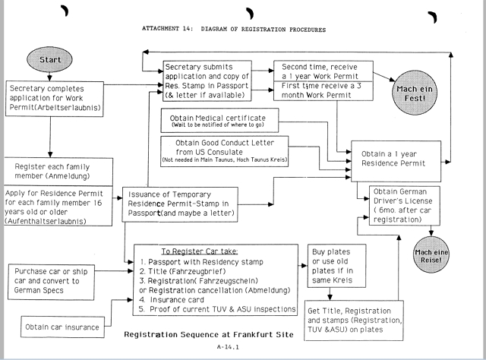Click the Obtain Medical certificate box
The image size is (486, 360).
[x=219, y=121]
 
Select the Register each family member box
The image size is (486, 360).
[x=58, y=172]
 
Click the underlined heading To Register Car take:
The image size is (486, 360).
[x=194, y=251]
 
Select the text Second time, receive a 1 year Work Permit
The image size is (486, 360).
[x=324, y=72]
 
